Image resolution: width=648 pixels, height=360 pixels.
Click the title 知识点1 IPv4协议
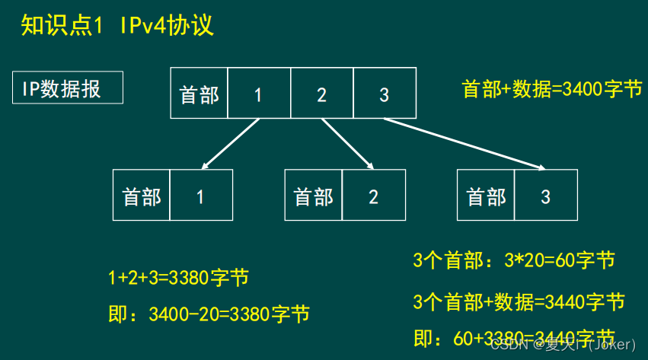coord(117,27)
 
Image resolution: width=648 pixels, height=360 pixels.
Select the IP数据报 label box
coord(68,89)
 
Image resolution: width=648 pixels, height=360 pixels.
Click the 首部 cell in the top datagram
coord(199,94)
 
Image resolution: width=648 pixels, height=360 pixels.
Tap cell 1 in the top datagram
coord(258,94)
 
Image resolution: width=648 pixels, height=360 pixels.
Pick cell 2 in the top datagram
coord(321,94)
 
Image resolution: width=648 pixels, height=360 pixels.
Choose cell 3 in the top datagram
coord(384,94)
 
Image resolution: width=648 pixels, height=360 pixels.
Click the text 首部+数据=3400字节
coord(552,89)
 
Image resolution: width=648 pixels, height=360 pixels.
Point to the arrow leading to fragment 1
coord(230,142)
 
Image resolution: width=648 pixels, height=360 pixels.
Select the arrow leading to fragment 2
coord(347,143)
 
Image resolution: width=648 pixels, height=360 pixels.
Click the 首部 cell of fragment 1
coord(142,196)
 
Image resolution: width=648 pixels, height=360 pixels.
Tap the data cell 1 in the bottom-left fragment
coord(200,196)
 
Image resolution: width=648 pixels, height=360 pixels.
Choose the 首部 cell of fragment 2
coord(314,196)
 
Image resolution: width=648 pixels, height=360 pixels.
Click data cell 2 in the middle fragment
coord(373,196)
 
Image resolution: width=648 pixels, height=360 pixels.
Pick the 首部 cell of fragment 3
coord(486,196)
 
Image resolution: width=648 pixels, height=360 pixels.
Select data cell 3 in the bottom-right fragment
coord(545,196)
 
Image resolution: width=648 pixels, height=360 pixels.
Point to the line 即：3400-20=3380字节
coord(209,314)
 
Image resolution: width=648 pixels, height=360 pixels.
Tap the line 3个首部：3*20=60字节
coord(513,261)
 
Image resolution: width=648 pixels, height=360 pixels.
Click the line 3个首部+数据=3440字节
coord(519,301)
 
